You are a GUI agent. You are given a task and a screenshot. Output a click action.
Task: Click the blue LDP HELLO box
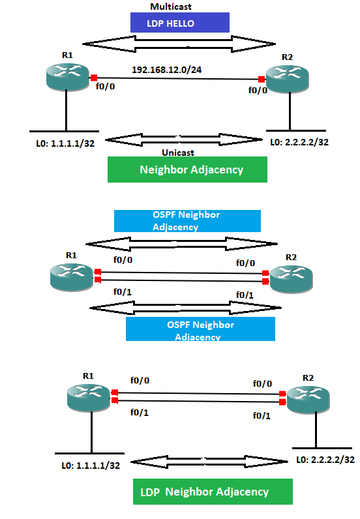[179, 23]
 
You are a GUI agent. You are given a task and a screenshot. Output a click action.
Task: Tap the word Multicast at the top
[171, 6]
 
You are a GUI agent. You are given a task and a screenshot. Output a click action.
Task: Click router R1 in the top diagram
[67, 77]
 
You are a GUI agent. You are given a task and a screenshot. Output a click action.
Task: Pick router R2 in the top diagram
[287, 80]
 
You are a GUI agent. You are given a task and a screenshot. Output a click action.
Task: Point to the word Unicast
[179, 153]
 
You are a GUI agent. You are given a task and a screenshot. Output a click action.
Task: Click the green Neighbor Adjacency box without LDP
[187, 170]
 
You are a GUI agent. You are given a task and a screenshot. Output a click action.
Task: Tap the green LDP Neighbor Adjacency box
[213, 492]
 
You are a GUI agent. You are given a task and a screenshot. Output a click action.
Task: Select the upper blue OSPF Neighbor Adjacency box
[187, 221]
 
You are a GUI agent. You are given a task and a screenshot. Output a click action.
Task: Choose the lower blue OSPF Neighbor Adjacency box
[200, 331]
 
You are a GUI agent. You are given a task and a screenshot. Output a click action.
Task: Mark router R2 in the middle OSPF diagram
[291, 279]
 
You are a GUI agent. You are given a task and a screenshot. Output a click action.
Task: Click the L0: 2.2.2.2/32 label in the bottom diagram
[325, 460]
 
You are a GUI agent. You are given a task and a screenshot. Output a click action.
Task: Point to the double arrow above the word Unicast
[181, 139]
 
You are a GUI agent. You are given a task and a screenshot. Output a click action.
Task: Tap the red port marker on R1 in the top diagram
[95, 77]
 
